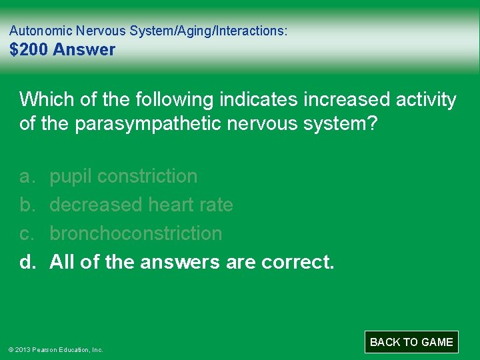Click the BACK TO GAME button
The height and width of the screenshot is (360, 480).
click(x=411, y=342)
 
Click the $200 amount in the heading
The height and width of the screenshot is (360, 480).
click(x=29, y=49)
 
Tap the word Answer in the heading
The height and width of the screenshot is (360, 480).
click(x=85, y=49)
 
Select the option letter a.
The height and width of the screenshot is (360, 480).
click(x=26, y=177)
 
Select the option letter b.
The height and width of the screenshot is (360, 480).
click(x=26, y=205)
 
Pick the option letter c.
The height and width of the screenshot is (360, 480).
click(x=26, y=233)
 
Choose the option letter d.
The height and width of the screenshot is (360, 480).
click(x=27, y=262)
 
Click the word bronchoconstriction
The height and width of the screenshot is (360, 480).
click(x=136, y=233)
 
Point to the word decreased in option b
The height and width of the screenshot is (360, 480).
click(x=95, y=205)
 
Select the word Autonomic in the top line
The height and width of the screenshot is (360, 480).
click(x=41, y=31)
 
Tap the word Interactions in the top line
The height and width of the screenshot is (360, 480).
click(x=253, y=31)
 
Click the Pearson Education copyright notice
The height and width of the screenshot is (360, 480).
click(x=57, y=349)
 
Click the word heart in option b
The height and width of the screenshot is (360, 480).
click(x=171, y=205)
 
